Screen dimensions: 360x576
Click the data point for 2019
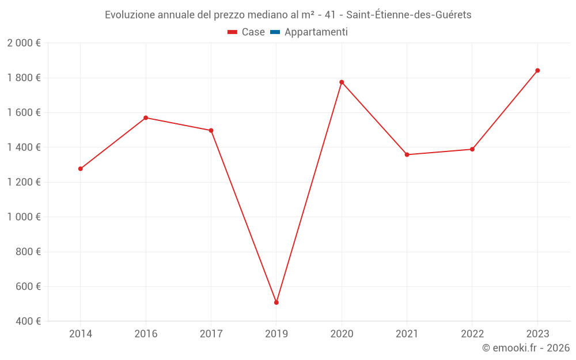tap(276, 302)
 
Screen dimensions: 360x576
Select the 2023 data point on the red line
tap(537, 70)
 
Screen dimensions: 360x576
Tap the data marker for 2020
tap(342, 82)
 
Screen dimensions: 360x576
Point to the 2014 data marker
tap(81, 169)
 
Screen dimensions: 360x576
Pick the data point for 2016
tap(146, 118)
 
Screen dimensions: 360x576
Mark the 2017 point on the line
tap(211, 130)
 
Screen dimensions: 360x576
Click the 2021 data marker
tap(407, 154)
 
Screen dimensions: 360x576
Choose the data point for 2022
tap(472, 149)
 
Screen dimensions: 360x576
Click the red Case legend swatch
tap(232, 32)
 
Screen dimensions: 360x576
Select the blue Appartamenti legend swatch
tap(275, 32)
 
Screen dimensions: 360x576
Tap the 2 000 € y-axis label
tap(24, 43)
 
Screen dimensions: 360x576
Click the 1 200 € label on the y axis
tap(24, 182)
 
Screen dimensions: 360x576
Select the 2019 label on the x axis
tap(276, 334)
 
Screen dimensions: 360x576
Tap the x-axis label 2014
tap(81, 334)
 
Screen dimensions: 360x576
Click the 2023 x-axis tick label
tap(537, 334)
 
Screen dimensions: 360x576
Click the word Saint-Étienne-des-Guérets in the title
tap(409, 15)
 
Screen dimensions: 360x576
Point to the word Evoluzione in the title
tap(130, 15)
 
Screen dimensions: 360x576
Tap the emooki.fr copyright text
tap(526, 348)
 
